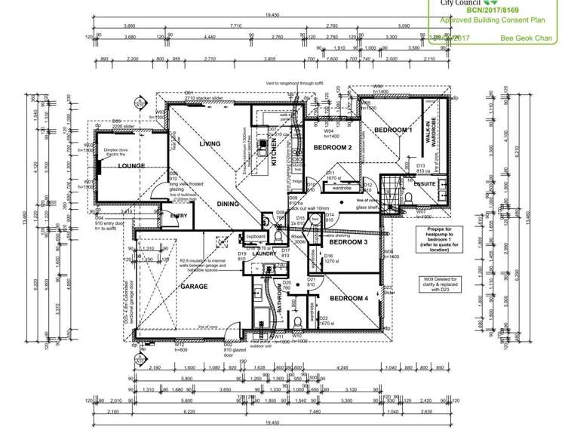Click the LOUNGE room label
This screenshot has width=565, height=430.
click(131, 166)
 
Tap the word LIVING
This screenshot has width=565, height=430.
click(210, 143)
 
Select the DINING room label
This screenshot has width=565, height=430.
click(228, 204)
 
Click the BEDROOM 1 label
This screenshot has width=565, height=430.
click(393, 131)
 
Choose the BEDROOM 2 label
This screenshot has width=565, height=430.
click(333, 148)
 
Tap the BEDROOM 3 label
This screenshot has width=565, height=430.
click(348, 242)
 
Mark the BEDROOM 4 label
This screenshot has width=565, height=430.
click(349, 299)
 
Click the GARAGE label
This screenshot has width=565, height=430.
click(194, 287)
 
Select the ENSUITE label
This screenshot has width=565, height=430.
click(425, 184)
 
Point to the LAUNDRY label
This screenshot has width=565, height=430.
click(264, 254)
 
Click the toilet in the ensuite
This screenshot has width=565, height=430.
click(407, 195)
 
